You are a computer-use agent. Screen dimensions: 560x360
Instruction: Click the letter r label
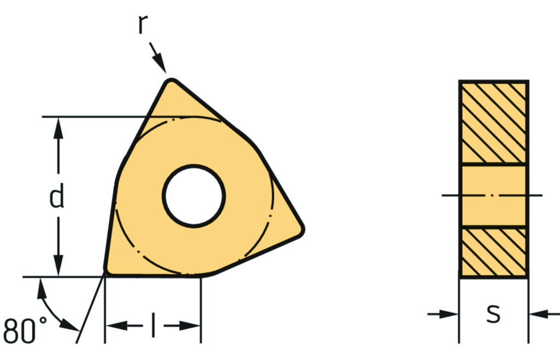coord(143,25)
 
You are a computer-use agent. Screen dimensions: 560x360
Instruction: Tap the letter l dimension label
coord(153,324)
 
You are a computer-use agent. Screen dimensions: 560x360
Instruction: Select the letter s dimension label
coord(493,314)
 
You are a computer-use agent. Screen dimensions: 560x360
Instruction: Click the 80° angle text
coord(24,330)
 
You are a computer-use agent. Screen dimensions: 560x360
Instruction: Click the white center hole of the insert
coord(194,196)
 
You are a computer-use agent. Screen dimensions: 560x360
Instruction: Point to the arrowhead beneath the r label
coord(160,63)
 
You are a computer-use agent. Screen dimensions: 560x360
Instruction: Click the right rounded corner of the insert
coord(301,230)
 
